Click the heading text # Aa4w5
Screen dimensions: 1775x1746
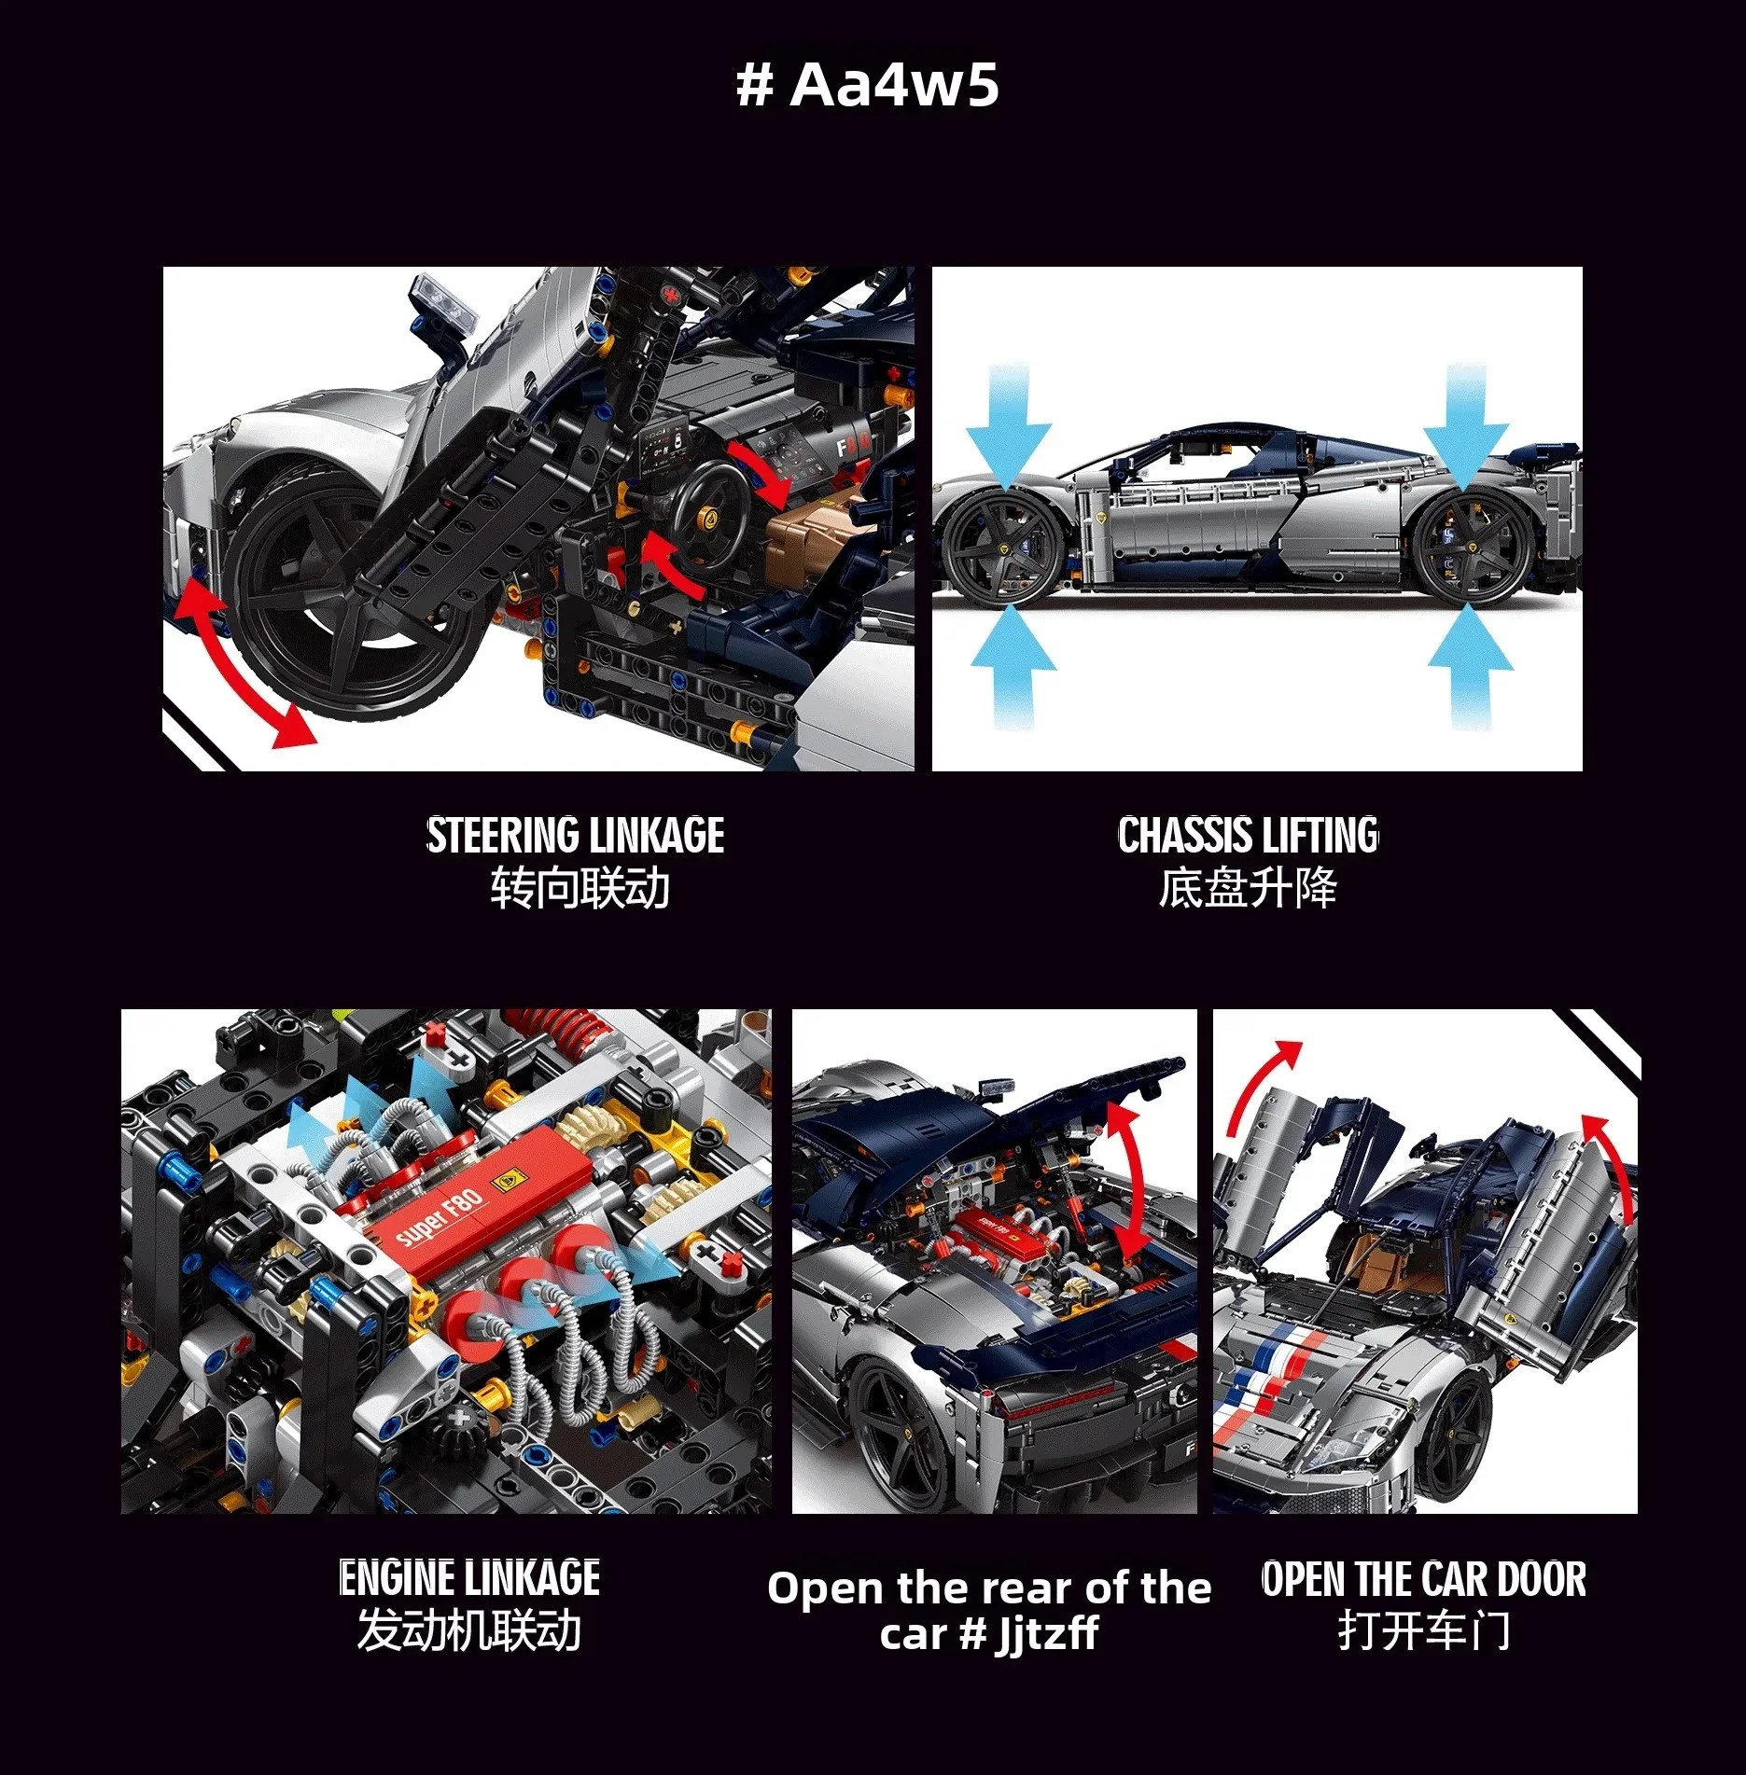(x=868, y=86)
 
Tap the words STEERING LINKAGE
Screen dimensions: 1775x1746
(x=575, y=836)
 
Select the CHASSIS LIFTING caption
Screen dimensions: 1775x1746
(x=1248, y=836)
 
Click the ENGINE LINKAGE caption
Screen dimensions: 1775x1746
(x=469, y=1578)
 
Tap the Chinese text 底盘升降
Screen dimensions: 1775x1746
(x=1248, y=888)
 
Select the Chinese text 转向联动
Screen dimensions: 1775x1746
(x=580, y=888)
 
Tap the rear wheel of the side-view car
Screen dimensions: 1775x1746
(x=1471, y=549)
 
